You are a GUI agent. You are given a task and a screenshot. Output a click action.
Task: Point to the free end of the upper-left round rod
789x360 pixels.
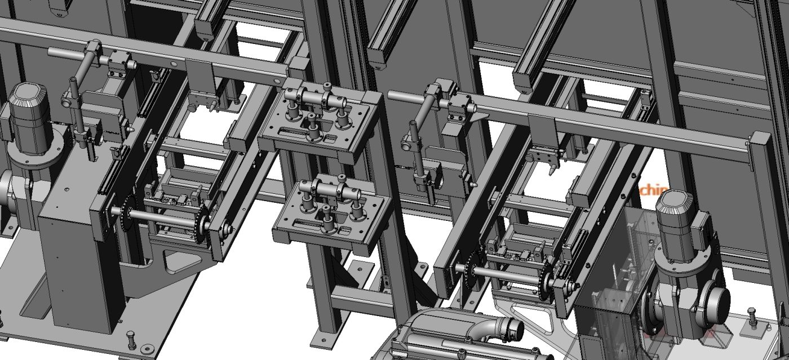[x=52, y=52]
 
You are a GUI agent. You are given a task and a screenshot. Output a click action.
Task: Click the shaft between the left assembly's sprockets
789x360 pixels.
[x=163, y=219]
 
